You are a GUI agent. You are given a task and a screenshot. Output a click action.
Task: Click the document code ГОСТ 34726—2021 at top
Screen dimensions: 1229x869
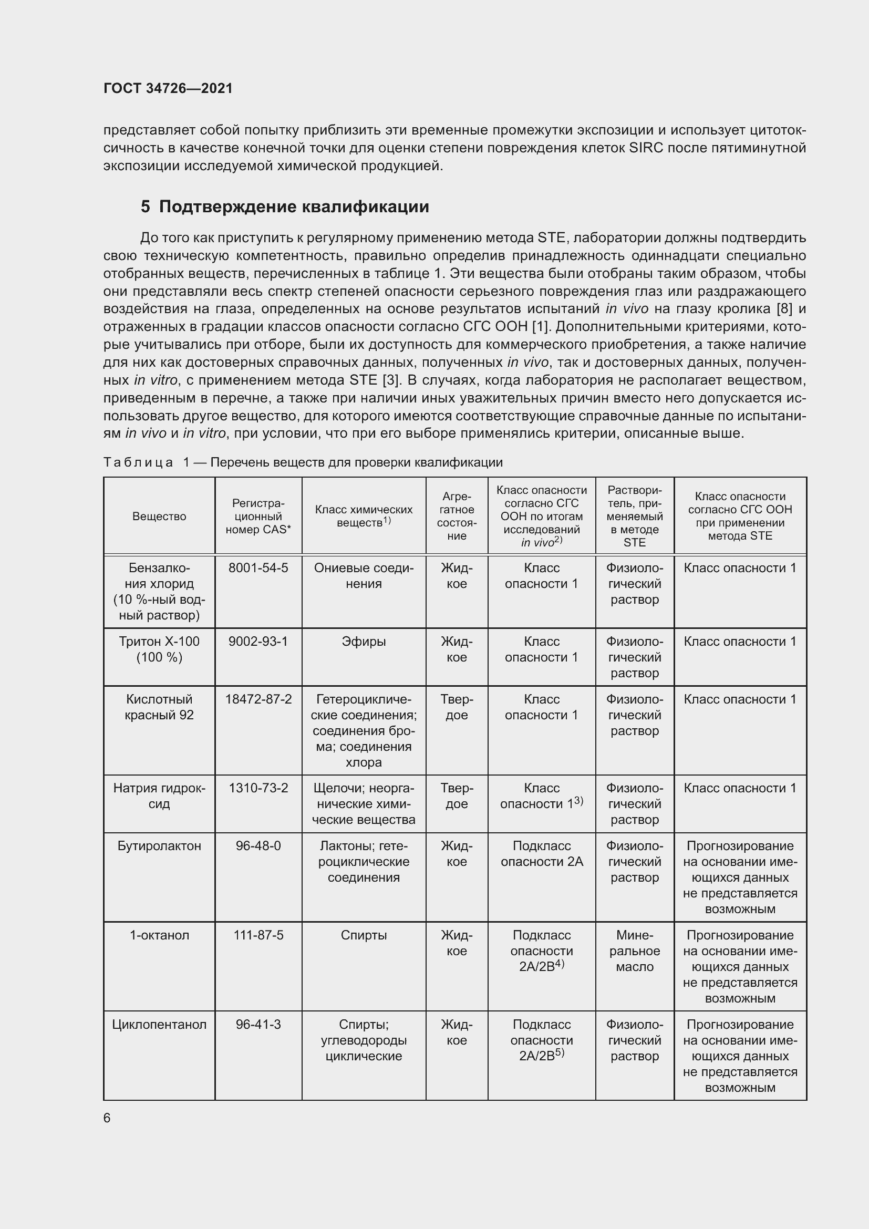click(x=168, y=88)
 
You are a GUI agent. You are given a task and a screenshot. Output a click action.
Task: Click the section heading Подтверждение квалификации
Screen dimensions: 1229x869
click(x=294, y=206)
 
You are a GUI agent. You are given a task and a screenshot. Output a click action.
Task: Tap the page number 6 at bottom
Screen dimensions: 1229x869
click(x=107, y=1118)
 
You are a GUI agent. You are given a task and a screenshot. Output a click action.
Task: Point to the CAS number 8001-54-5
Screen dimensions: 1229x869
click(x=258, y=568)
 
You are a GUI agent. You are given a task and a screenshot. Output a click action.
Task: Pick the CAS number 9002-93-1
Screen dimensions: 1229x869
click(x=258, y=641)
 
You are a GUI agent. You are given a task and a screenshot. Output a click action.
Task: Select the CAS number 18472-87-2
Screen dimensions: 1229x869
click(x=258, y=699)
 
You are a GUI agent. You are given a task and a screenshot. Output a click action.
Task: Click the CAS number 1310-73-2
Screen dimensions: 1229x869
click(x=258, y=788)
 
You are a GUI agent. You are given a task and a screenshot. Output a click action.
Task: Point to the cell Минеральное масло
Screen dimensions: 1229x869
click(x=634, y=951)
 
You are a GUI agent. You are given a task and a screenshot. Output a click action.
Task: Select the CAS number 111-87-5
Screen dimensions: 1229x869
click(x=258, y=935)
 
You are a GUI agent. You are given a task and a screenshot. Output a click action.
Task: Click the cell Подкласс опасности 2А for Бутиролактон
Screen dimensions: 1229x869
click(x=542, y=853)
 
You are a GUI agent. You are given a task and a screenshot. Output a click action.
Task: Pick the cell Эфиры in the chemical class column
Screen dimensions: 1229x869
click(x=364, y=641)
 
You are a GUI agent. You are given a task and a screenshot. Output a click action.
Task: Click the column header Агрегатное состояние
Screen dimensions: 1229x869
click(x=457, y=516)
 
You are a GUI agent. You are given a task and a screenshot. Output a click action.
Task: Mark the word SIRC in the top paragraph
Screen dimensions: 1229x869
click(x=646, y=148)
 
